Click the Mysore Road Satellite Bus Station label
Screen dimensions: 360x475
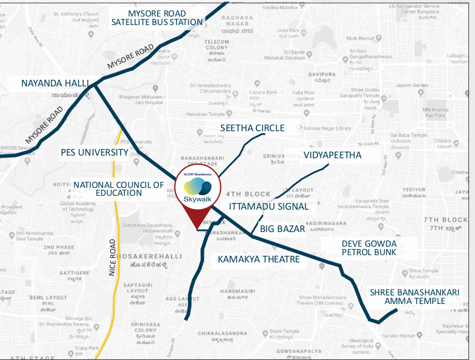tap(156, 16)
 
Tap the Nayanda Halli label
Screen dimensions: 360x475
tap(51, 84)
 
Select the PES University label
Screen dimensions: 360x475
tap(94, 152)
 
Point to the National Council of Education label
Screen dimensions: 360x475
tap(118, 189)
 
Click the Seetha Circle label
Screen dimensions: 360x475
tap(252, 128)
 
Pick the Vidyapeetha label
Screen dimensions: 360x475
tap(332, 155)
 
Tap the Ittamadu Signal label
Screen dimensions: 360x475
tap(269, 206)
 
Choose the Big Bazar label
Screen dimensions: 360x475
tap(282, 229)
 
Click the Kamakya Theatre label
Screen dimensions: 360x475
tap(259, 259)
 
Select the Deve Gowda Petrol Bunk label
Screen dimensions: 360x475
tap(369, 248)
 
